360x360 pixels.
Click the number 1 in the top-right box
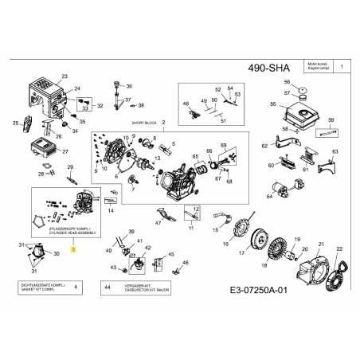341,70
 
